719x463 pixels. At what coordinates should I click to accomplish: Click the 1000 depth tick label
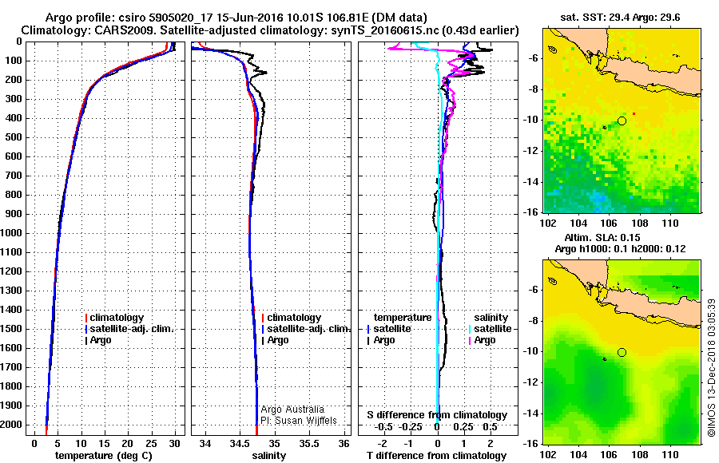click(14, 233)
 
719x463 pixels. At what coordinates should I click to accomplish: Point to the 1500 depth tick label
click(14, 329)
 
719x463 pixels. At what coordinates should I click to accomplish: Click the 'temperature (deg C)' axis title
click(103, 455)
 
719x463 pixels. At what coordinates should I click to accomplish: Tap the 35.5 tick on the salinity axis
click(311, 443)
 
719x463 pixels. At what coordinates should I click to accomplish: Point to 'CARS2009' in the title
click(109, 30)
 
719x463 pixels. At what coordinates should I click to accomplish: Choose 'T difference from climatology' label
click(437, 455)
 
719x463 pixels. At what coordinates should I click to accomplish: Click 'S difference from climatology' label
click(437, 415)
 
